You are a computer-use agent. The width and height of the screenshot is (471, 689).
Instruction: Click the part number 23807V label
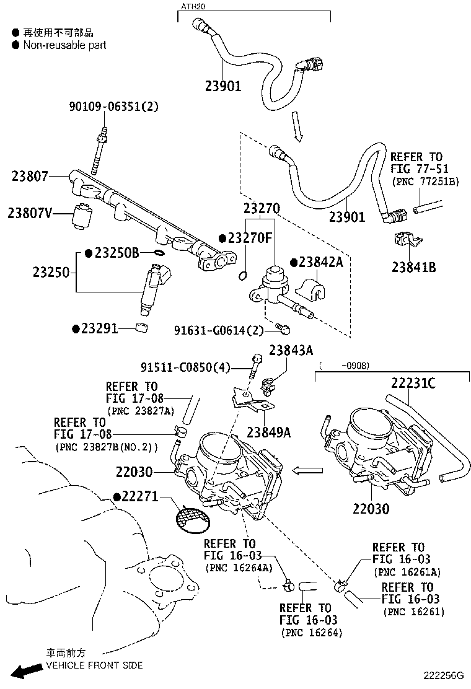coord(29,213)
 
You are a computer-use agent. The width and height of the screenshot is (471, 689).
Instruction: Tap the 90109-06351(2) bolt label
coord(113,107)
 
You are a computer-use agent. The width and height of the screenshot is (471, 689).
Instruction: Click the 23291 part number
coord(99,328)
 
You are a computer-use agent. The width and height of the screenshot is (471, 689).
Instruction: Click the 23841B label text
coord(413,267)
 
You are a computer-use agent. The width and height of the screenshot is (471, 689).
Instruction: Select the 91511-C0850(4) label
coord(185,368)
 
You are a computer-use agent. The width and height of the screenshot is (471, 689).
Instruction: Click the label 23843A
coord(291,351)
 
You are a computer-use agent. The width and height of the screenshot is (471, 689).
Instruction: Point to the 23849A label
coord(268,432)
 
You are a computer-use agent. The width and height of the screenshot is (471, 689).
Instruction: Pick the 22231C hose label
coord(413,384)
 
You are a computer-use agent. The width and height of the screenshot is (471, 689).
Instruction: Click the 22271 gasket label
coord(140,497)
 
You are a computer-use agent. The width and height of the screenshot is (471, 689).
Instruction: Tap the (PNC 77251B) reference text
coord(425,180)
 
